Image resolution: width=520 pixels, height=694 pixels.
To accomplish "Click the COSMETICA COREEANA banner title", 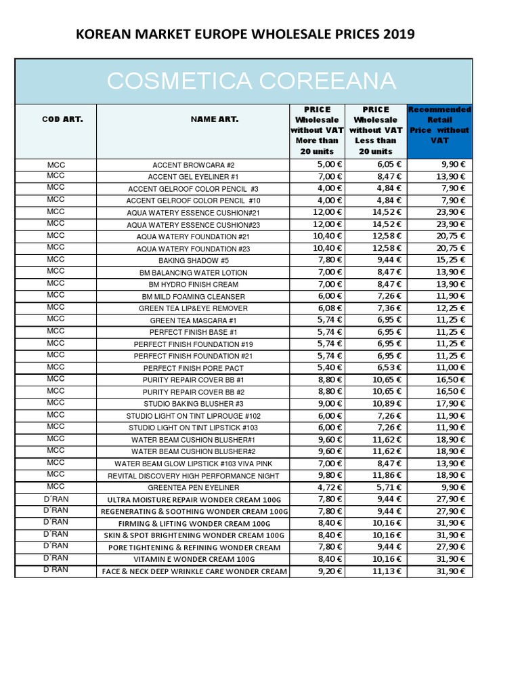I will point(251,81).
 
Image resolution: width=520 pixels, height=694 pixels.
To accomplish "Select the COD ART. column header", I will point(56,119).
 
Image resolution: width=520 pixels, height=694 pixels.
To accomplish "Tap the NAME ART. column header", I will point(194,119).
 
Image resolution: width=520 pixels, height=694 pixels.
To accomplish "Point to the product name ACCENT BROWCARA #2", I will point(194,165).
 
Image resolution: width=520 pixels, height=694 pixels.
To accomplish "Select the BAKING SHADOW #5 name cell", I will point(194,260).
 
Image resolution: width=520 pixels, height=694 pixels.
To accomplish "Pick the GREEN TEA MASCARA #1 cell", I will point(194,320).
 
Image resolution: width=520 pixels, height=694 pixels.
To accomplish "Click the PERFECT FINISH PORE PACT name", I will point(194,368).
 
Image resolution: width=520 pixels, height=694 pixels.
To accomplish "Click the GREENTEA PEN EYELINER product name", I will point(194,487).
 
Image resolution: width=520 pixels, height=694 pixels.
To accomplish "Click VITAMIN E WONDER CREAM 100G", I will point(194,559).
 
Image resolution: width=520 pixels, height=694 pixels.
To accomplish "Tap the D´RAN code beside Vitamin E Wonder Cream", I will point(56,558).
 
